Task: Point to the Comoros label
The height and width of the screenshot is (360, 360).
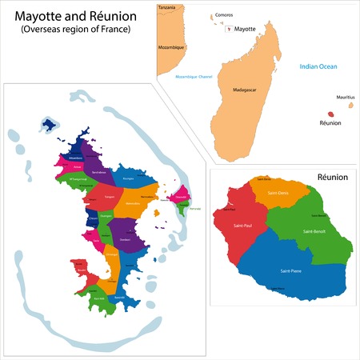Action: [225, 14]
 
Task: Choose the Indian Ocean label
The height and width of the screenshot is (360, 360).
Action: [318, 67]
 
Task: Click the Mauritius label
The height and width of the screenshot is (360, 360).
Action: [345, 98]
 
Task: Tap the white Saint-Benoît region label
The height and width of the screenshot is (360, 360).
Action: [314, 231]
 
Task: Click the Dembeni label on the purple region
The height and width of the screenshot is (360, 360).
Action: [124, 240]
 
